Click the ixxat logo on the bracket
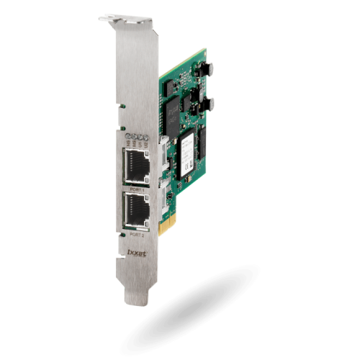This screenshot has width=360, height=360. tap(136, 253)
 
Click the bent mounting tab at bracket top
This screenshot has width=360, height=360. tap(115, 17)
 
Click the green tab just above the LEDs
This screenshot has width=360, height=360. tap(123, 107)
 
